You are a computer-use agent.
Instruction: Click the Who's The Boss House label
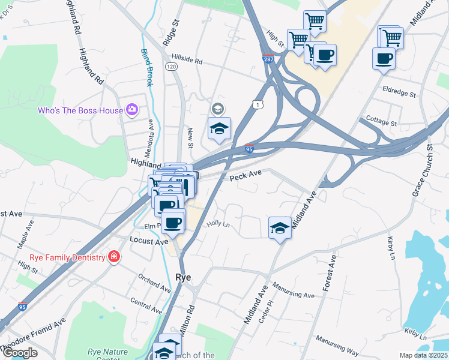(80, 110)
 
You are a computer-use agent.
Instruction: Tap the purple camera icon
(132, 110)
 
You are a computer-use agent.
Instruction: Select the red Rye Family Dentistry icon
(113, 257)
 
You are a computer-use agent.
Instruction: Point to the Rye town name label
(183, 277)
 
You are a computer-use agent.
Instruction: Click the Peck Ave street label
(246, 173)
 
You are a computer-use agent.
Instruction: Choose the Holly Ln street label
(218, 223)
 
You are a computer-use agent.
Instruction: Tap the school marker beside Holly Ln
(280, 228)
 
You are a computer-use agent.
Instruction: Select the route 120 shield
(172, 68)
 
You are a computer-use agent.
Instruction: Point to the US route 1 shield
(258, 105)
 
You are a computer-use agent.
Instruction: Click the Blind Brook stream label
(146, 67)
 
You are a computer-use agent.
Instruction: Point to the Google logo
(20, 353)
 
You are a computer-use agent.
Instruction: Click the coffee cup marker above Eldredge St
(384, 59)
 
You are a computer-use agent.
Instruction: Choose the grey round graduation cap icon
(217, 109)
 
